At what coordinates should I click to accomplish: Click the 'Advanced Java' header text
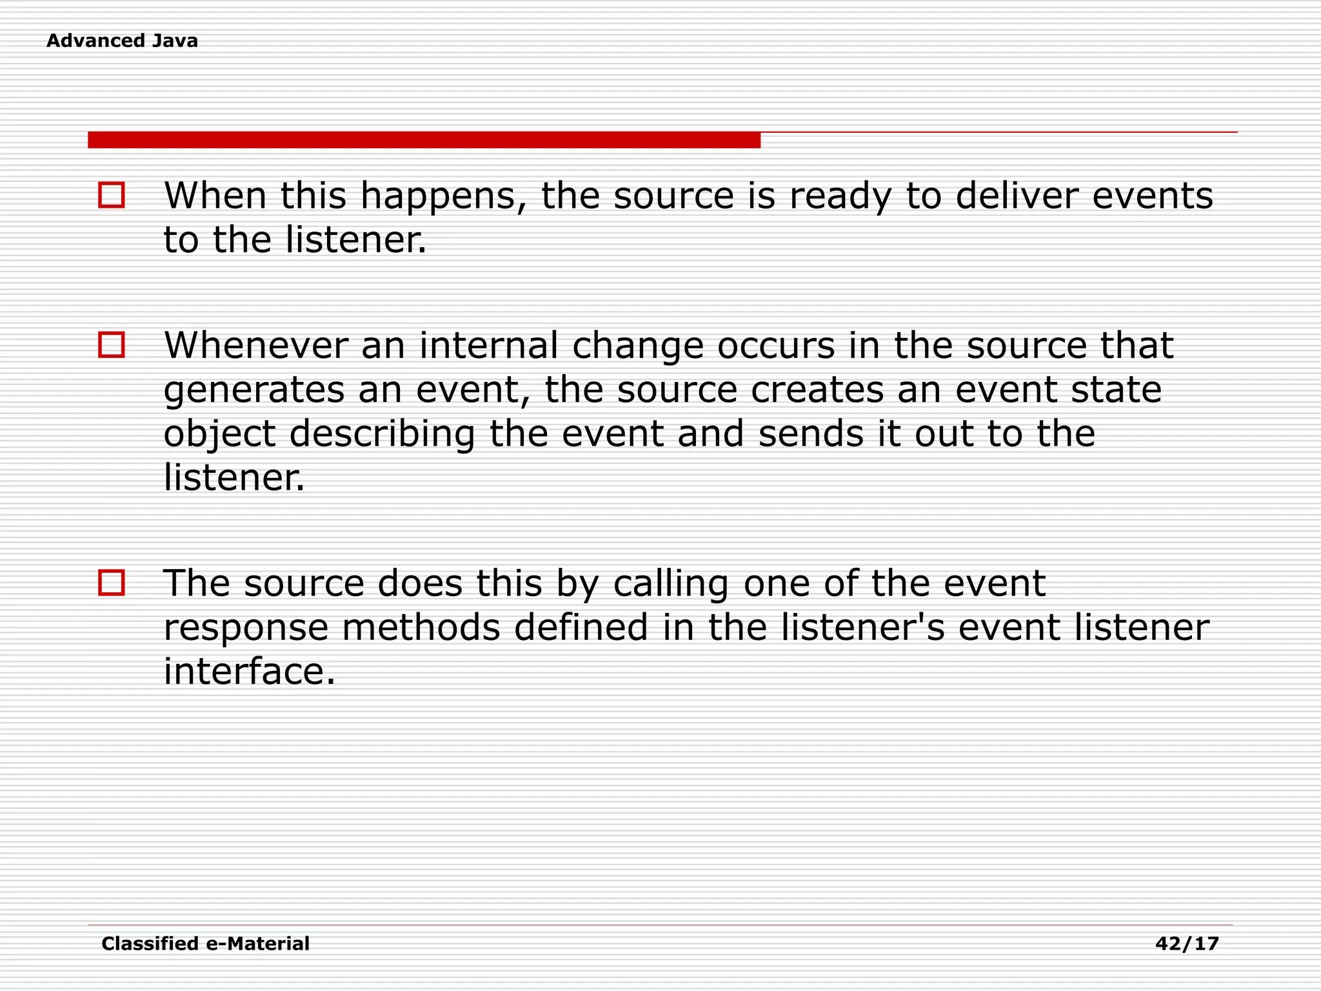tap(122, 41)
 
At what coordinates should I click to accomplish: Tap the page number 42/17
tap(1187, 944)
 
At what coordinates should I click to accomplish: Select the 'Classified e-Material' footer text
tap(205, 944)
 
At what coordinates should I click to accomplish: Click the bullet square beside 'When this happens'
tap(112, 195)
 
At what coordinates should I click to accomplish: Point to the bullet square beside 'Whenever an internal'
tap(112, 345)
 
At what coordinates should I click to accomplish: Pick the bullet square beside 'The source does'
tap(112, 583)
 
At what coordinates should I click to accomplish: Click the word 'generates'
tap(254, 391)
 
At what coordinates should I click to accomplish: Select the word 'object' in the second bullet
tap(219, 434)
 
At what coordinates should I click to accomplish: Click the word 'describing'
tap(382, 434)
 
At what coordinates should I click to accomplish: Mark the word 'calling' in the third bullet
tap(671, 585)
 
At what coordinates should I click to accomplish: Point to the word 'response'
tap(246, 628)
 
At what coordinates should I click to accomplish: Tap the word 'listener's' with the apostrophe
tap(862, 627)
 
